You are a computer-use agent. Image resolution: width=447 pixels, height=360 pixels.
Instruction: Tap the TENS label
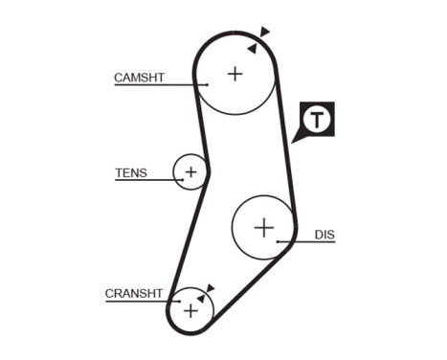131,173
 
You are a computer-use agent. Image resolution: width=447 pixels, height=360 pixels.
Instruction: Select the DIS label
324,234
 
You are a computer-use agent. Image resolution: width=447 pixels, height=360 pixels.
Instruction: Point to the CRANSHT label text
136,294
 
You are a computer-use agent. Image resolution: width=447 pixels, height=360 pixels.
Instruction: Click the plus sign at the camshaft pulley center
235,73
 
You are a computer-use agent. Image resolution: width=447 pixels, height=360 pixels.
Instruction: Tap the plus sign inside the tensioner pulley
190,172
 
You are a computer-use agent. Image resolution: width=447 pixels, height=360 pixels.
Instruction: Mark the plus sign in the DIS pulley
264,227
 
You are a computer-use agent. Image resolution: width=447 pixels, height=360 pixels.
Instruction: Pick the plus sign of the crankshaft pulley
191,310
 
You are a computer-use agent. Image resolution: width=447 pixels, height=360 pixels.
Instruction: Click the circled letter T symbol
318,119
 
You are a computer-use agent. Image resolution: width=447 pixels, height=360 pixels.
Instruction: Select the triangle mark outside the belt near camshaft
265,33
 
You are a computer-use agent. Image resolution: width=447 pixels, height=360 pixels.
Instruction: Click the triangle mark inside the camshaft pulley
252,47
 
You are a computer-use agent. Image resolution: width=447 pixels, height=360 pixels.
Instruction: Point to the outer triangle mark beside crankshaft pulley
211,286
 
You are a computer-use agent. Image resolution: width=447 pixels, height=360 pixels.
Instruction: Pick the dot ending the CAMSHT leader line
206,85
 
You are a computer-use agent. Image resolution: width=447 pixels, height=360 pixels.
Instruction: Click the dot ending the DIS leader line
278,242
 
